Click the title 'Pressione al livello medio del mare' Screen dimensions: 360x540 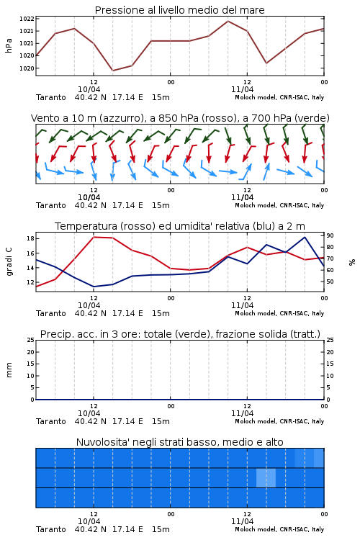coord(179,10)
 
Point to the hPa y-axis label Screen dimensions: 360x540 coord(9,45)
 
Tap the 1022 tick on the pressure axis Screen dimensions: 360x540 coord(27,19)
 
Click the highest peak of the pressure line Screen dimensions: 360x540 coord(228,21)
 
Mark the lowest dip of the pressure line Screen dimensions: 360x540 coord(112,71)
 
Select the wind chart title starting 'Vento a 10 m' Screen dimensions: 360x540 coord(180,118)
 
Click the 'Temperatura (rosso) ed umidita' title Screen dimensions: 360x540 coord(180,226)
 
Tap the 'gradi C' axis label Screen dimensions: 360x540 coord(9,262)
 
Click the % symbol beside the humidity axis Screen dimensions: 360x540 coord(352,262)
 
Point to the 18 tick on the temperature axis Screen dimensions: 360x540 coord(30,238)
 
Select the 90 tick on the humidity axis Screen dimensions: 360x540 coord(330,235)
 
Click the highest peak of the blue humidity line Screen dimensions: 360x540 coord(305,237)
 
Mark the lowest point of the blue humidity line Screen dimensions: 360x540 coord(94,287)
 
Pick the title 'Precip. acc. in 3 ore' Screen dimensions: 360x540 coord(180,334)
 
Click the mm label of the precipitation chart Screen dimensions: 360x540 coord(9,370)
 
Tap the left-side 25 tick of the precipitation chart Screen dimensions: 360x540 coord(30,340)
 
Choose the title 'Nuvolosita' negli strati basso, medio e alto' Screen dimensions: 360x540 coord(179,442)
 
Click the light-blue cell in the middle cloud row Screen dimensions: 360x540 coord(266,478)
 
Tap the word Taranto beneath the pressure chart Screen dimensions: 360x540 coord(51,97)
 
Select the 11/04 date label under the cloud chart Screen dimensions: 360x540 coord(242,521)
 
